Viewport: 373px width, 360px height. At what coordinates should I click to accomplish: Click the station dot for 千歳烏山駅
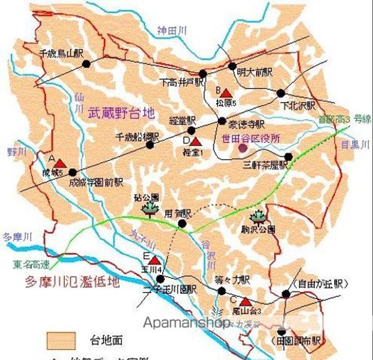tap(86, 64)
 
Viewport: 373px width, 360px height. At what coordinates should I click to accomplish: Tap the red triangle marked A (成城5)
tap(59, 163)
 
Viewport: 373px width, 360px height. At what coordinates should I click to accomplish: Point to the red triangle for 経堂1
tap(196, 141)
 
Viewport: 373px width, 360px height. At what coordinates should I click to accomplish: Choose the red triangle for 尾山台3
tap(246, 301)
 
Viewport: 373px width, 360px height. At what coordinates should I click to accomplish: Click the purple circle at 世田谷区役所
tap(243, 148)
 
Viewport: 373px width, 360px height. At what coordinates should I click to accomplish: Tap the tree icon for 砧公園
tap(151, 208)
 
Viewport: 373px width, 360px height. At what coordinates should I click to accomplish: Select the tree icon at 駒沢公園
tap(257, 216)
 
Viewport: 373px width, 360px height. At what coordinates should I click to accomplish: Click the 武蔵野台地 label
tap(121, 112)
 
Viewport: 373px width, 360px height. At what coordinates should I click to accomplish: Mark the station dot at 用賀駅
tap(182, 224)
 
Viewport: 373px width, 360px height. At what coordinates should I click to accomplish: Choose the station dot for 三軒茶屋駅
tap(289, 156)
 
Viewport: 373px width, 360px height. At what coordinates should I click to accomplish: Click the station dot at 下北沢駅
tap(281, 93)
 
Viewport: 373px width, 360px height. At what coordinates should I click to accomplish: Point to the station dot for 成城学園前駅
tap(73, 172)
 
